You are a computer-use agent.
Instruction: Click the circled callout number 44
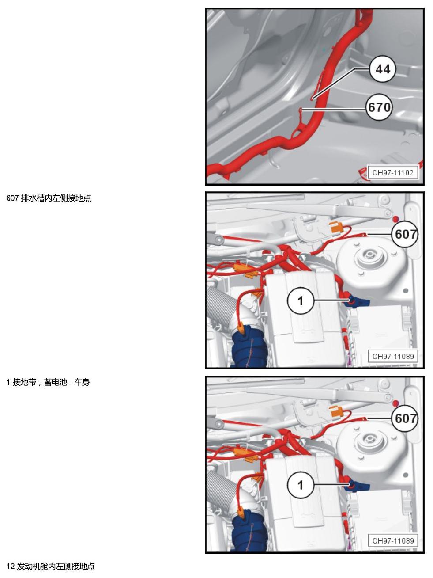click(x=383, y=69)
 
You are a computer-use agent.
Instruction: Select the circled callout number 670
click(x=379, y=107)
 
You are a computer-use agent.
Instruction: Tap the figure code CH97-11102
click(x=393, y=173)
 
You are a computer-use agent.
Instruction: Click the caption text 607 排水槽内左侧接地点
click(x=49, y=198)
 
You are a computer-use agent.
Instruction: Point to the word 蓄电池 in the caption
click(x=56, y=382)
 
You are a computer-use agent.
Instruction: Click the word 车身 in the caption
click(x=82, y=382)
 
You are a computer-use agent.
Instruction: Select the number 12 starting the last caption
click(x=10, y=567)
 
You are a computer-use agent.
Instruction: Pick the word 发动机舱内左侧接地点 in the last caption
click(x=56, y=567)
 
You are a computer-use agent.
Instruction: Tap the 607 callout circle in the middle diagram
click(x=405, y=234)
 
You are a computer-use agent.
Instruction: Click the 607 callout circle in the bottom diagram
click(x=405, y=418)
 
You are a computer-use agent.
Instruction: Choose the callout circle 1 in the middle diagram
click(x=301, y=300)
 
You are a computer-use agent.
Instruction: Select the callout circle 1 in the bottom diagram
click(x=301, y=485)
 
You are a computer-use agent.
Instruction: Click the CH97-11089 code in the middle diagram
click(x=393, y=357)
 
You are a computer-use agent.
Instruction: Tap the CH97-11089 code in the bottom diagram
click(x=393, y=541)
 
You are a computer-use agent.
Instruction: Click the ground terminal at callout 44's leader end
click(x=312, y=99)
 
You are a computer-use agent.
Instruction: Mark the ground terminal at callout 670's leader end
click(x=301, y=110)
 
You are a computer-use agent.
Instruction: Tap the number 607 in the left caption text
click(x=12, y=198)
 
